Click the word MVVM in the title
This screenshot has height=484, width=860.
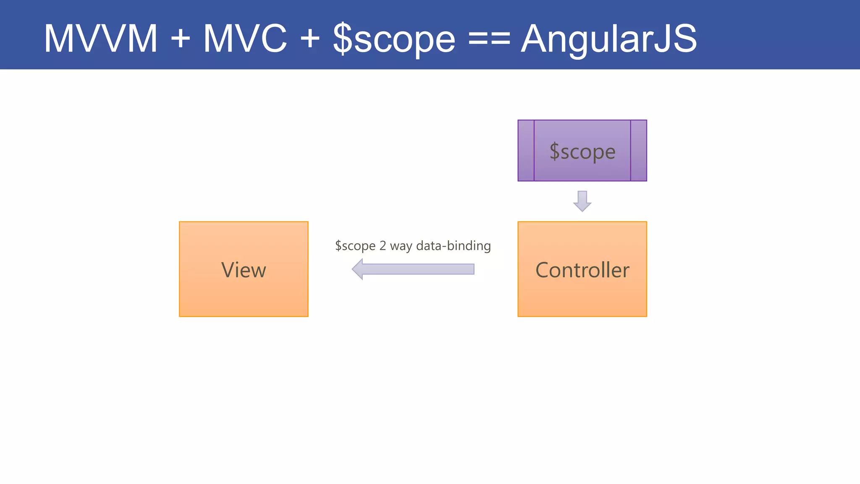[x=101, y=39]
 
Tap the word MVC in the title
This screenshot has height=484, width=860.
[x=245, y=39]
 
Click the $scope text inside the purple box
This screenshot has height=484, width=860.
[x=582, y=152]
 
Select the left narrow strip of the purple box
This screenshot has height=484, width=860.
[x=526, y=150]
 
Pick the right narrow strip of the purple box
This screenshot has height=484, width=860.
[x=638, y=150]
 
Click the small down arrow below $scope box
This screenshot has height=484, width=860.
[x=582, y=201]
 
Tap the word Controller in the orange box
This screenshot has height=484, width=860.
[x=582, y=270]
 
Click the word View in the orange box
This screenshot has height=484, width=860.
[x=244, y=270]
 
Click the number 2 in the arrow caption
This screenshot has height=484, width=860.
[x=383, y=245]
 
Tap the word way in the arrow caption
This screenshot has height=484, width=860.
[x=401, y=246]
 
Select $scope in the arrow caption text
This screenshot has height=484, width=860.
[x=355, y=246]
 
